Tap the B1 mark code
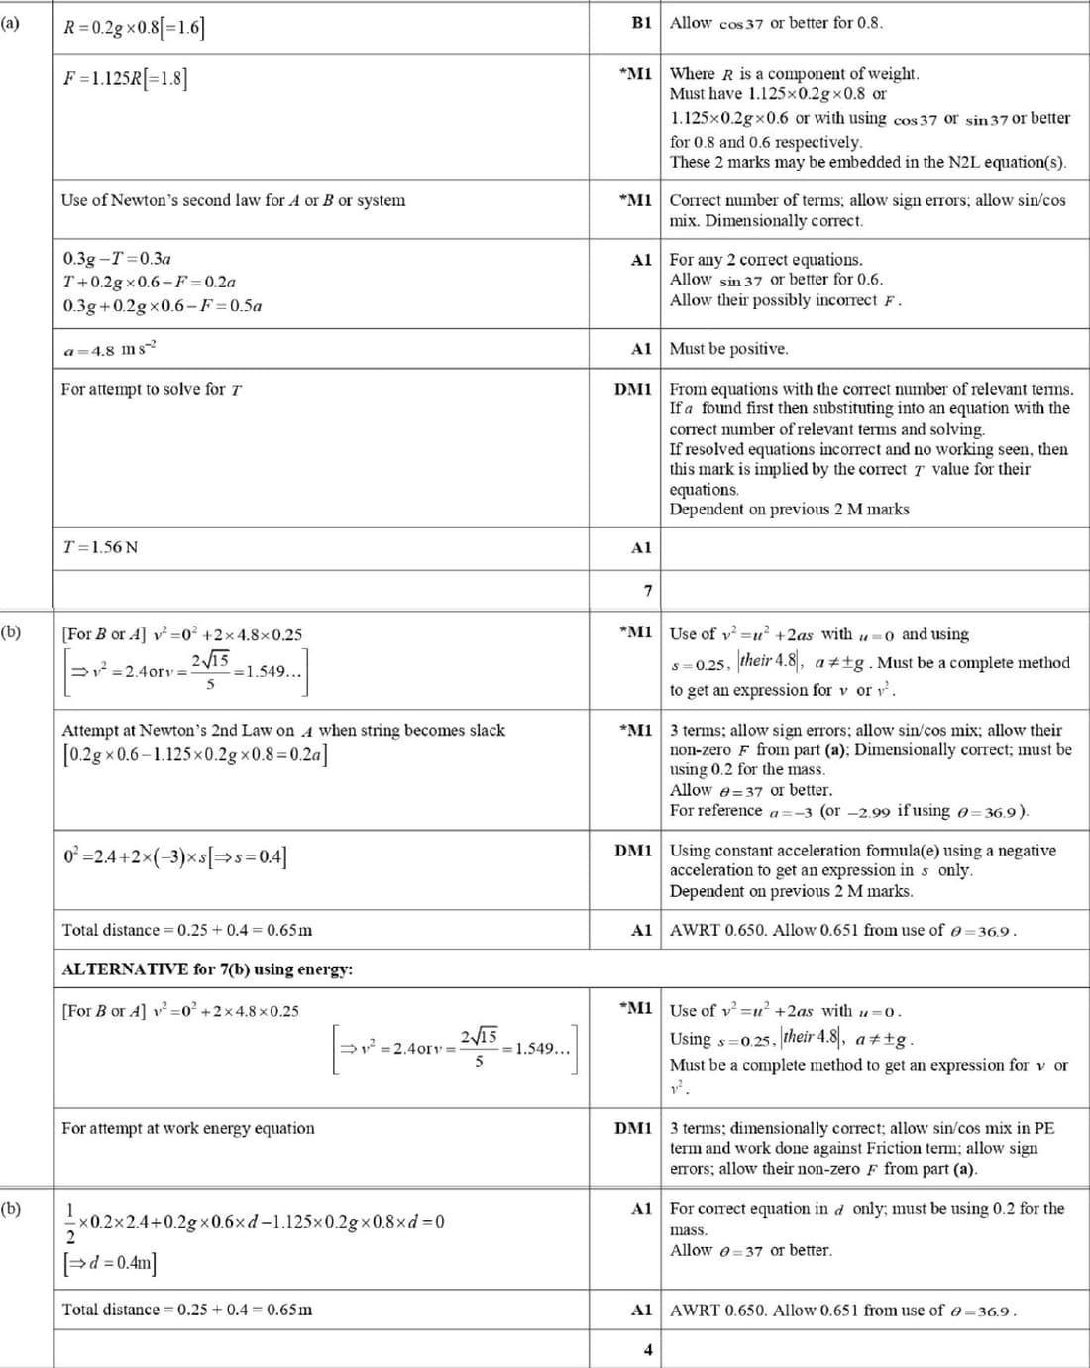[x=641, y=23]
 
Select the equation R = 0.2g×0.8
[x=134, y=27]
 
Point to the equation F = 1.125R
[x=125, y=78]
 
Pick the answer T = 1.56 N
[x=100, y=547]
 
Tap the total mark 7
[x=648, y=591]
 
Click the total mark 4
[x=648, y=1349]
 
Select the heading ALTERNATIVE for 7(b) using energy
[x=207, y=969]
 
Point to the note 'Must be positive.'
[x=728, y=349]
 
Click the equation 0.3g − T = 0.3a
[x=117, y=259]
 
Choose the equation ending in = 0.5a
[x=163, y=306]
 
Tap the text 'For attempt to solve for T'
[x=152, y=389]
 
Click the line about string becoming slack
[x=283, y=731]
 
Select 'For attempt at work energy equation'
[x=188, y=1128]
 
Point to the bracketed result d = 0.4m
[x=109, y=1262]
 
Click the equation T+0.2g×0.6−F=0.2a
[x=150, y=283]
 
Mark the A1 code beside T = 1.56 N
[x=641, y=547]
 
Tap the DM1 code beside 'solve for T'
[x=633, y=389]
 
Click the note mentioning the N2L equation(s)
[x=867, y=162]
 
